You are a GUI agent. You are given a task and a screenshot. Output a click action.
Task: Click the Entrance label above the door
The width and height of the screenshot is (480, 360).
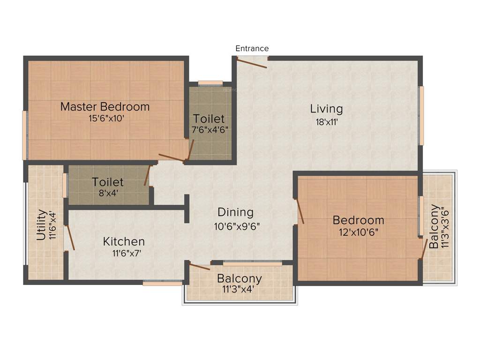point(252,48)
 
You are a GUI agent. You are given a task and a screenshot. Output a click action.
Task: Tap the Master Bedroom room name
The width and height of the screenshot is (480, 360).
point(105,106)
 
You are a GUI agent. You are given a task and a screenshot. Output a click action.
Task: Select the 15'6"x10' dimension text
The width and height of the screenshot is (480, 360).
point(106,119)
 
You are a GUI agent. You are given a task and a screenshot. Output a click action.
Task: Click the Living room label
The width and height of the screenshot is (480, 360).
point(326,109)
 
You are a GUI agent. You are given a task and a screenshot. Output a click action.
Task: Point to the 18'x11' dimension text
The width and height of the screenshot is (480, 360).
point(327,122)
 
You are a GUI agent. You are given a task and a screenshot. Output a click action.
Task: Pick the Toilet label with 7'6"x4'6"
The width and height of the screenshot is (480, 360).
point(209,119)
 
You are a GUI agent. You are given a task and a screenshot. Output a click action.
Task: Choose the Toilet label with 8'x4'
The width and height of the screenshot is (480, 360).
point(108,181)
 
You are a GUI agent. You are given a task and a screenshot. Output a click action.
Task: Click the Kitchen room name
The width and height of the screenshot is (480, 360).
point(124,241)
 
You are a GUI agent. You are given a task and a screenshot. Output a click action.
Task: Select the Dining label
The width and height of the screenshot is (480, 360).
point(235,212)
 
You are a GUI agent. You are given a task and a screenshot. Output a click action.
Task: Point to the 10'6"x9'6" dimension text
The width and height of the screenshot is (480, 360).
point(237,226)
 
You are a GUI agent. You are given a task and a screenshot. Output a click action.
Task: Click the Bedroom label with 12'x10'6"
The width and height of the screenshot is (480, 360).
point(358,220)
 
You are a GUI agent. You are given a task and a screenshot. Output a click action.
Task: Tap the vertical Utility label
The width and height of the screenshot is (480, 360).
point(41,225)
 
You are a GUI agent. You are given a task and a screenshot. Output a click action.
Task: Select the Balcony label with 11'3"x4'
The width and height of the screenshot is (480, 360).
point(239,278)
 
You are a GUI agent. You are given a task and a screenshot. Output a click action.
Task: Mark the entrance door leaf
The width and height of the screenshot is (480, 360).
point(252,62)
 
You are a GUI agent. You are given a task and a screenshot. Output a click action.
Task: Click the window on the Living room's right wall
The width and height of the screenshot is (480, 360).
point(421,115)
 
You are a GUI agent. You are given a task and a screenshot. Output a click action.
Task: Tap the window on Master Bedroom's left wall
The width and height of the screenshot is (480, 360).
point(24,135)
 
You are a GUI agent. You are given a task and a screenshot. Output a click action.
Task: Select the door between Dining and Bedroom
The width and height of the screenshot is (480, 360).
point(300,211)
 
